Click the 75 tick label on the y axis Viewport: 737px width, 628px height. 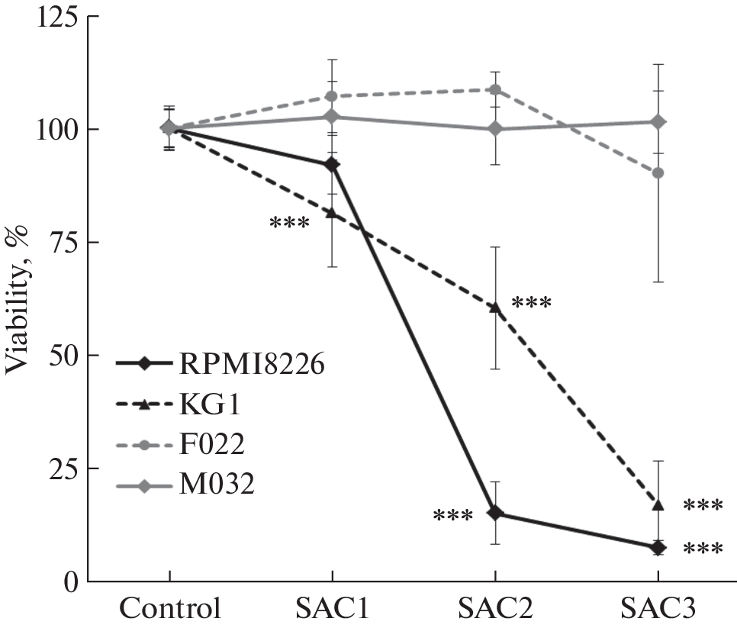pyautogui.click(x=61, y=243)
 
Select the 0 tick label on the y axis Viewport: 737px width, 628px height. pyautogui.click(x=70, y=581)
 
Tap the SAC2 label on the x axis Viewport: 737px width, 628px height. pyautogui.click(x=494, y=609)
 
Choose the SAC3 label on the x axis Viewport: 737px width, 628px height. pyautogui.click(x=658, y=609)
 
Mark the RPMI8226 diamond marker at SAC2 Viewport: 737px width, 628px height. pyautogui.click(x=494, y=513)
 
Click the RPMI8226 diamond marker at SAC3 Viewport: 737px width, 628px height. pyautogui.click(x=658, y=547)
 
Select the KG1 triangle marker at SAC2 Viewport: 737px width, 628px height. pyautogui.click(x=494, y=308)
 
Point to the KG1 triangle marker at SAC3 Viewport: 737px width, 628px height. pyautogui.click(x=658, y=505)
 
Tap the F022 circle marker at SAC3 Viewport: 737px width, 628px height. pyautogui.click(x=658, y=172)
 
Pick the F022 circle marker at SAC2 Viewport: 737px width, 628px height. pyautogui.click(x=494, y=89)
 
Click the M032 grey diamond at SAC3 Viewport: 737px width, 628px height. pyautogui.click(x=658, y=122)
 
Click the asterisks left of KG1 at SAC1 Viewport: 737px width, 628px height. pyautogui.click(x=289, y=224)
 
